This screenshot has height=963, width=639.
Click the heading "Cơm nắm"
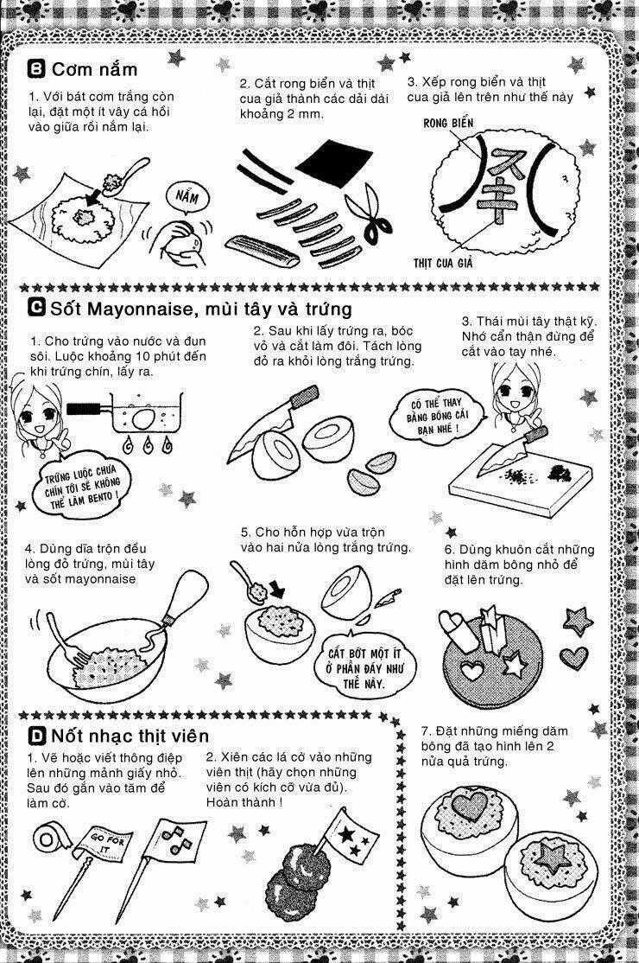pyautogui.click(x=94, y=69)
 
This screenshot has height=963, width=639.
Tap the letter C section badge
pyautogui.click(x=36, y=308)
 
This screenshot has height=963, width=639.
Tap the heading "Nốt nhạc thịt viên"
pyautogui.click(x=130, y=736)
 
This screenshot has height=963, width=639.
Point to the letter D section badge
pyautogui.click(x=36, y=736)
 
